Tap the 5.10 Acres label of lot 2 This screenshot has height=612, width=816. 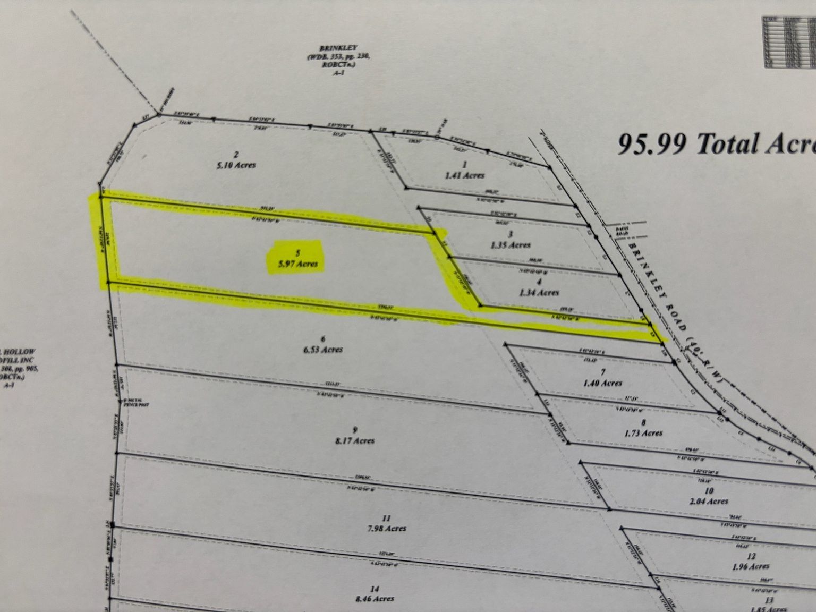236,165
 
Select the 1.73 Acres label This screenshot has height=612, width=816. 644,432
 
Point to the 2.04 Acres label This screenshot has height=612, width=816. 709,500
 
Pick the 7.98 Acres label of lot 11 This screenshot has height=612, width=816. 387,528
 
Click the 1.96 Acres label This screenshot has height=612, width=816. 751,566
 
